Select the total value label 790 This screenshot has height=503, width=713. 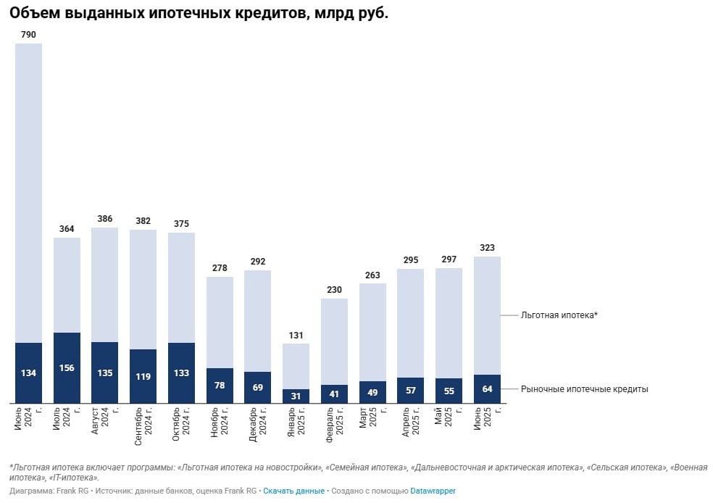[28, 35]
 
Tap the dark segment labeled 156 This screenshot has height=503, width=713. [67, 367]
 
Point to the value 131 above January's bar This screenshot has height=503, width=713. [296, 335]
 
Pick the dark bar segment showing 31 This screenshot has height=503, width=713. [296, 396]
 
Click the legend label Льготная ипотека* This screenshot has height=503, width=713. [559, 315]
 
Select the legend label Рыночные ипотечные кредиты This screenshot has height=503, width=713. [584, 389]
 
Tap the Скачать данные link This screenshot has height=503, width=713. [293, 491]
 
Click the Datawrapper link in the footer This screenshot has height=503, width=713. [433, 491]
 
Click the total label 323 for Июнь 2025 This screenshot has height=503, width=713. [487, 248]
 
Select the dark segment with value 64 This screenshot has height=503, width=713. [487, 389]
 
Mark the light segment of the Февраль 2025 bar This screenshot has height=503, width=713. [334, 341]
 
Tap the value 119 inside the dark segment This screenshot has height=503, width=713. [143, 377]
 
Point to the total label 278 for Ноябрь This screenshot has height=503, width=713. [220, 268]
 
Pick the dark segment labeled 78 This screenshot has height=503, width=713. [220, 386]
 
